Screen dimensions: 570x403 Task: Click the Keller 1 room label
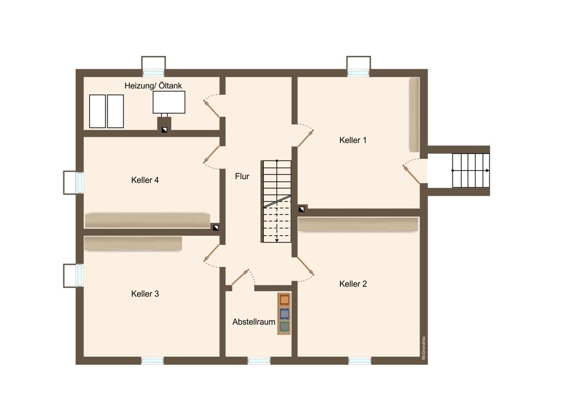[353, 140]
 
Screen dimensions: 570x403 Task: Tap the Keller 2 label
[353, 284]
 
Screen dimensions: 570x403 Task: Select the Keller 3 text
[145, 294]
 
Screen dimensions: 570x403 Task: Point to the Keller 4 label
[145, 180]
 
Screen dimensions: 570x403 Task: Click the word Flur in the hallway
[242, 176]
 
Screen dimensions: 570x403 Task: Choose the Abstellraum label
[254, 322]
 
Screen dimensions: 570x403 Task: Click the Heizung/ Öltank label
[153, 86]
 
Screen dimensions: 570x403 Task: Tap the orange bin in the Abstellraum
[284, 300]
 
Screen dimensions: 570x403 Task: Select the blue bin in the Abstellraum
[284, 313]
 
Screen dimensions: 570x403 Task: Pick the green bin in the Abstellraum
[284, 327]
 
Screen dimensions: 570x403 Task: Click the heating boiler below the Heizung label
[169, 102]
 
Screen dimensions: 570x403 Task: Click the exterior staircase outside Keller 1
[471, 170]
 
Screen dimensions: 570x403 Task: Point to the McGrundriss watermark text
[424, 348]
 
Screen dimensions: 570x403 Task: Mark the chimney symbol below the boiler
[164, 130]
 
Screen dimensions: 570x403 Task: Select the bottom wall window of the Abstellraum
[259, 360]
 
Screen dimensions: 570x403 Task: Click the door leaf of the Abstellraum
[241, 277]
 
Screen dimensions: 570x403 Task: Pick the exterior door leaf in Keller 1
[412, 174]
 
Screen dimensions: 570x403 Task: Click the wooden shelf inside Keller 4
[147, 220]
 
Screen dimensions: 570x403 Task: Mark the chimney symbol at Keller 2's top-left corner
[302, 209]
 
